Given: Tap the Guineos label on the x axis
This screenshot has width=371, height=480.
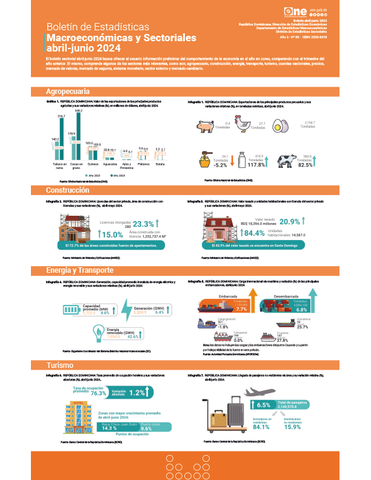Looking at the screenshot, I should click(92, 164).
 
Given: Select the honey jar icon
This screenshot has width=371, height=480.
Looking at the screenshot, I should click(206, 160).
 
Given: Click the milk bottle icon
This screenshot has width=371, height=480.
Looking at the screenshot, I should click(242, 161).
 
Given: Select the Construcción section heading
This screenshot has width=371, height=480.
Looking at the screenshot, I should click(68, 190).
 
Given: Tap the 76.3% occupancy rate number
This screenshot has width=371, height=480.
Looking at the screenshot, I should click(98, 393).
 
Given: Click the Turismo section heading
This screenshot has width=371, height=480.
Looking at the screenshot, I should click(58, 365).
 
